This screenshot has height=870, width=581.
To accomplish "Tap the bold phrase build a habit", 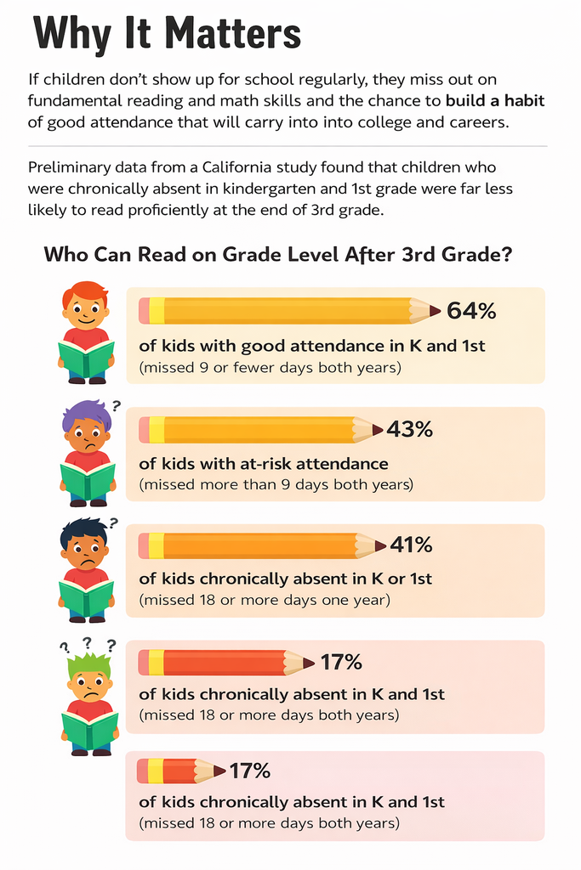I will pos(495,100).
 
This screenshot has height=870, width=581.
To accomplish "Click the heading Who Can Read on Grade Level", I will pos(276,254).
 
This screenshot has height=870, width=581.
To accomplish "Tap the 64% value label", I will pos(470,311).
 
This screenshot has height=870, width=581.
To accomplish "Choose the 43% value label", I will pos(409,430).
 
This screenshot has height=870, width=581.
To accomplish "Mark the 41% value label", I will pos(411,545).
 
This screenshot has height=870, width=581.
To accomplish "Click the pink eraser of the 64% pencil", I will pos(144,311).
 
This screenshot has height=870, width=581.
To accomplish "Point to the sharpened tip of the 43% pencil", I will pos(378,430).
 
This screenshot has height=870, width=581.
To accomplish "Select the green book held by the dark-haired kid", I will pos(86,597).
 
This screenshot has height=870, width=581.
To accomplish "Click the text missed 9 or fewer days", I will pos(270,368).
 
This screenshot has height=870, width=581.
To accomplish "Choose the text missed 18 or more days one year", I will pos(265,600).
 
